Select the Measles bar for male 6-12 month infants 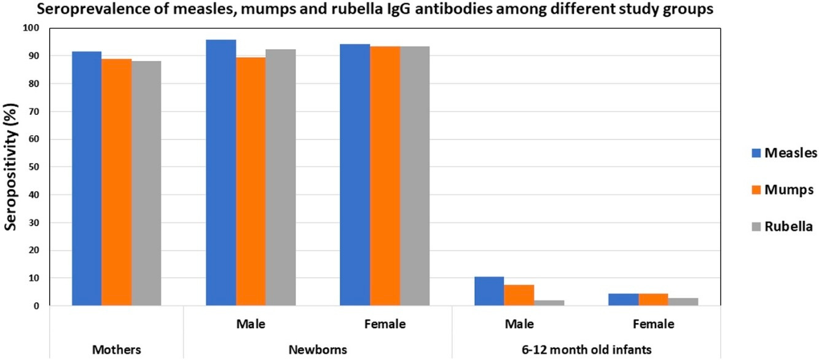point(489,291)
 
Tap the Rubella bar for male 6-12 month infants point(549,303)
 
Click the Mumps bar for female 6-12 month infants point(653,300)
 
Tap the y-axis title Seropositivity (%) point(10,166)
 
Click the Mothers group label point(116,349)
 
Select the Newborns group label point(318,349)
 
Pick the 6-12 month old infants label point(587,349)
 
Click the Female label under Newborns point(385,324)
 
